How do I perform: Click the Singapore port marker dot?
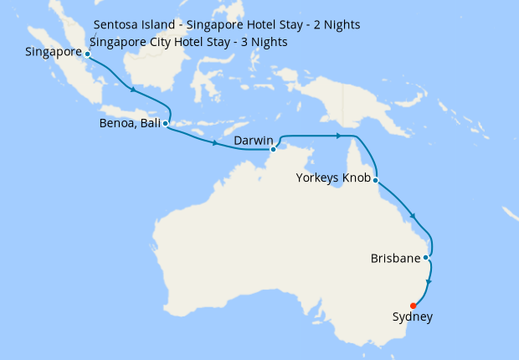click(x=88, y=54)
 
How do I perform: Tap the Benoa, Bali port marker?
click(x=166, y=123)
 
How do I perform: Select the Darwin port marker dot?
click(x=274, y=150)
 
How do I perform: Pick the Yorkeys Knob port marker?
click(x=376, y=180)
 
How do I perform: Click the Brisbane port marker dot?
click(x=427, y=257)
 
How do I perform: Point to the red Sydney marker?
click(x=414, y=306)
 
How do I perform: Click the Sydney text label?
click(x=413, y=317)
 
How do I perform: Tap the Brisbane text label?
click(x=395, y=259)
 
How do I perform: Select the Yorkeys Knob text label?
click(x=334, y=178)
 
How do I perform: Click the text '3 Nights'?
click(x=264, y=42)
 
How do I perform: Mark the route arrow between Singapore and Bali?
click(x=132, y=90)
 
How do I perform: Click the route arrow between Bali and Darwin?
click(x=215, y=143)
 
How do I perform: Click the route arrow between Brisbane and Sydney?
click(x=429, y=282)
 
